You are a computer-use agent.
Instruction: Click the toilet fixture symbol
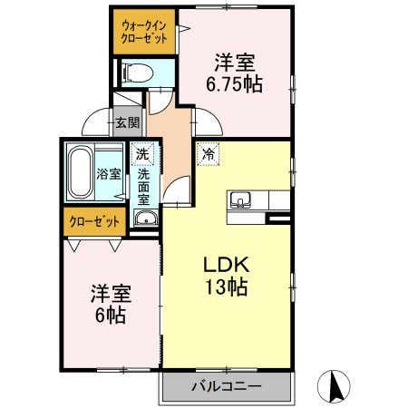point(137,73)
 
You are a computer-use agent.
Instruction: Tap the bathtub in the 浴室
point(80,172)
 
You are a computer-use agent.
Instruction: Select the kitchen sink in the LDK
point(240,199)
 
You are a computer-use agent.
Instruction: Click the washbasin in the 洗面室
point(146,218)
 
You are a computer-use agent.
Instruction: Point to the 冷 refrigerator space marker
point(209,154)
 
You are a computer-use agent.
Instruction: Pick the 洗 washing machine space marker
point(142,153)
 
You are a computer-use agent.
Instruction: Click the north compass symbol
point(334,386)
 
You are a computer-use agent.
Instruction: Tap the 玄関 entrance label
point(128,122)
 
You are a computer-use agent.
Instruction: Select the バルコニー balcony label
point(227,386)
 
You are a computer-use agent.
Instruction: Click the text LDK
point(227,265)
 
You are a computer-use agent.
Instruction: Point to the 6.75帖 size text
point(234,83)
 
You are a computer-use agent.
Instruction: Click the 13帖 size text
point(227,287)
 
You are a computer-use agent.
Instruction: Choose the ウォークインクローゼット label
point(144,33)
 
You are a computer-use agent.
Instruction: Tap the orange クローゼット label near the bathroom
point(94,222)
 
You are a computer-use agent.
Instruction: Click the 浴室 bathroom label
point(109,174)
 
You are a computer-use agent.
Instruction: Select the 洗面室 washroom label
point(143,187)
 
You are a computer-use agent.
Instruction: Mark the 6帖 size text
point(111,316)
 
